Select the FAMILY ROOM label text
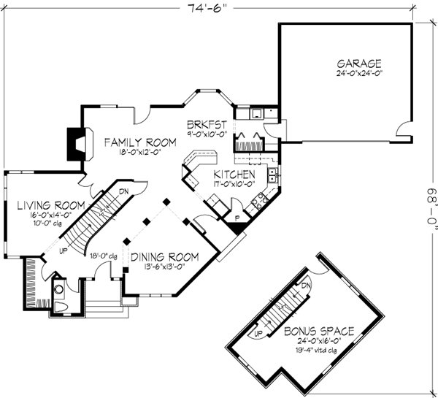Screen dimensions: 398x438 coord(139,142)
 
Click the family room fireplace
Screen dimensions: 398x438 coord(74,144)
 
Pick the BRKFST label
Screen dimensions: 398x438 coord(206,124)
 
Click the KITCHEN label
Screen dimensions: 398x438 coord(234,175)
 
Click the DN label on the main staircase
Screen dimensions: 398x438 coord(124,191)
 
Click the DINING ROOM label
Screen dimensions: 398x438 coord(165,257)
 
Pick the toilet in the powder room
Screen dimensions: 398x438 coord(60,306)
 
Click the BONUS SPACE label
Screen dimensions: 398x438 coord(320,331)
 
